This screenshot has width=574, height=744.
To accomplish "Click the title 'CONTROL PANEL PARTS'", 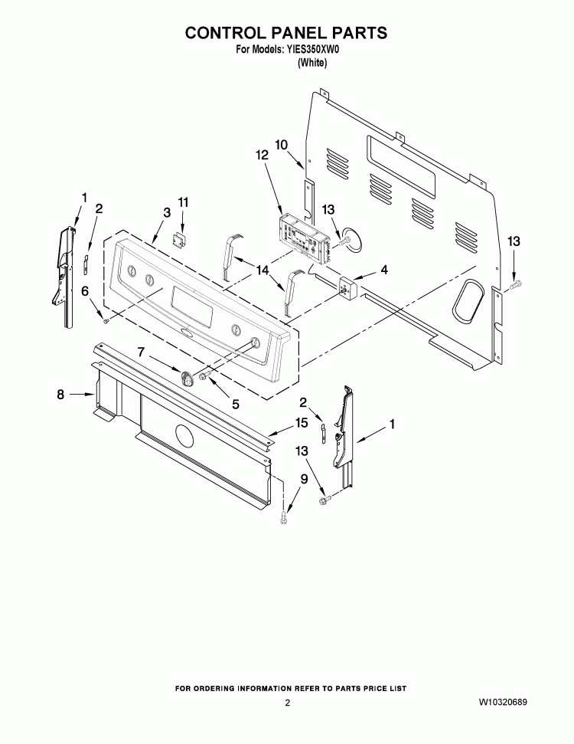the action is click(x=285, y=33).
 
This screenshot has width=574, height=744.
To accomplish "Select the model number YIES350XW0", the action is click(x=311, y=49).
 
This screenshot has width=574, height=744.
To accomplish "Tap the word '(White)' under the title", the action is click(x=312, y=62).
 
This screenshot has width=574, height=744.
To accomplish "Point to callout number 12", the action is click(x=262, y=155).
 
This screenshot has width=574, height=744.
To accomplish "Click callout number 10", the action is click(x=282, y=144).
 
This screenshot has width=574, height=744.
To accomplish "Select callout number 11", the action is click(x=183, y=202).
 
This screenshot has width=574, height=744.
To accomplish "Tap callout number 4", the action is click(x=384, y=270).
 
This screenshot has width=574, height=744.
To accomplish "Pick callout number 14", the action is click(x=262, y=270).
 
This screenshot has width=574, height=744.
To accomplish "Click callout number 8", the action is click(x=60, y=394).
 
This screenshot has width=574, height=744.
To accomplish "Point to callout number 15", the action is click(x=302, y=422).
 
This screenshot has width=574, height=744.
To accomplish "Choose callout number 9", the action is click(x=304, y=479).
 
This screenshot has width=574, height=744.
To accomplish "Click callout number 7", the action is click(x=141, y=352).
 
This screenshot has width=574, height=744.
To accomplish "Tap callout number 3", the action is click(x=167, y=212).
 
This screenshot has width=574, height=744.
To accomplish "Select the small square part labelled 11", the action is click(x=178, y=241).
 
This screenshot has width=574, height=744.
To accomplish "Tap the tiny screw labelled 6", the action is click(x=106, y=321).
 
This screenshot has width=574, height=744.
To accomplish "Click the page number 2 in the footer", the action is click(x=287, y=703).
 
